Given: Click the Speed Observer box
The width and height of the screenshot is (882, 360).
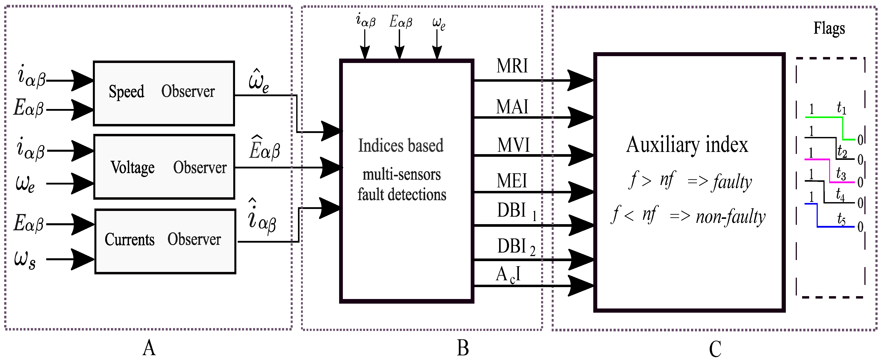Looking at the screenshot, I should click(x=164, y=93).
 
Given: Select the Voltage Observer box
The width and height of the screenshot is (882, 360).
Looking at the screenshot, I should click(x=164, y=167).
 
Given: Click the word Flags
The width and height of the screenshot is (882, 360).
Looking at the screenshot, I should click(x=829, y=28).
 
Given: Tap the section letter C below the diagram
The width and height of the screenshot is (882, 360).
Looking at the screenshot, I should click(x=715, y=349).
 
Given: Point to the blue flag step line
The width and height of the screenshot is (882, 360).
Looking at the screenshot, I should click(x=835, y=226).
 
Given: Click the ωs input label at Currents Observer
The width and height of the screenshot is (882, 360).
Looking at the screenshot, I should click(x=25, y=259).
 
